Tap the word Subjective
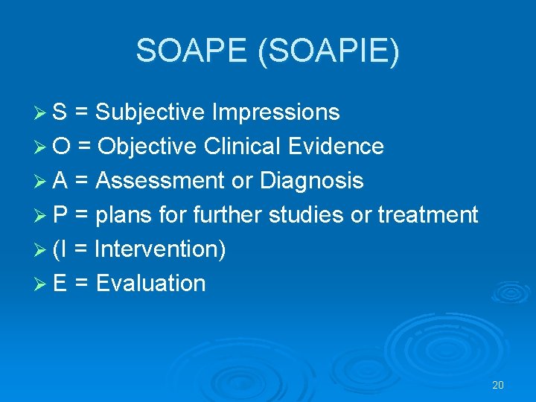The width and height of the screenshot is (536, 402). pyautogui.click(x=150, y=112)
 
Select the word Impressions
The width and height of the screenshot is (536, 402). pyautogui.click(x=275, y=112)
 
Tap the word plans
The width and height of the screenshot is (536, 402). pyautogui.click(x=122, y=215)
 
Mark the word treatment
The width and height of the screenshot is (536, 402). pyautogui.click(x=427, y=215)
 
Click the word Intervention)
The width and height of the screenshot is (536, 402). pyautogui.click(x=161, y=249)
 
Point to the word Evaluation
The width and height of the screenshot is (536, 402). pyautogui.click(x=151, y=284)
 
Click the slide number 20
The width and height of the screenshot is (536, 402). pyautogui.click(x=498, y=385)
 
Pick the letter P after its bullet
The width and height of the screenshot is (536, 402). pyautogui.click(x=60, y=215)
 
